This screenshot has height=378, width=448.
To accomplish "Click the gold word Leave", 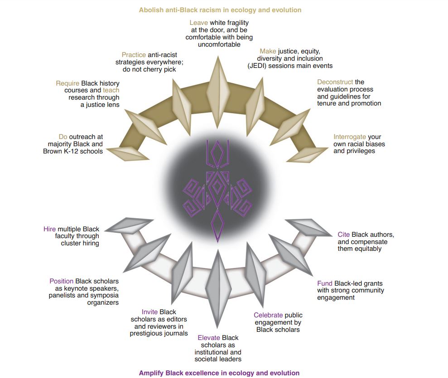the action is click(198, 23).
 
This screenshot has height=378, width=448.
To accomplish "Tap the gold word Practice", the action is click(134, 55).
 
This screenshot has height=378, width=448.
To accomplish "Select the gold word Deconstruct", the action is click(335, 82).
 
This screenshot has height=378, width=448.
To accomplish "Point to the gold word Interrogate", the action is click(349, 137).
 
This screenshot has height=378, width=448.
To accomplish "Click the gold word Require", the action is click(67, 83).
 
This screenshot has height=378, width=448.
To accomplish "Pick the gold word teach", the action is click(111, 90).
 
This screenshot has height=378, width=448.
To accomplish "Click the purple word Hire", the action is click(49, 229).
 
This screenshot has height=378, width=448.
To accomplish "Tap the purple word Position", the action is click(62, 281).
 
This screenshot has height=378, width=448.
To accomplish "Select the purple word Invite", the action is click(149, 312).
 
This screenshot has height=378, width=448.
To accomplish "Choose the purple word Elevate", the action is click(208, 338).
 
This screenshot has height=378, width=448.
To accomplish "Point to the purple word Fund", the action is click(325, 283).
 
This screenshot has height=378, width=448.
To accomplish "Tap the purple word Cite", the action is click(343, 234).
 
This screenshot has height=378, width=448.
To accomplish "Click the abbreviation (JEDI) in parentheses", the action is click(257, 66).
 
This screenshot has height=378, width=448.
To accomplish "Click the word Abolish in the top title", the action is click(149, 10).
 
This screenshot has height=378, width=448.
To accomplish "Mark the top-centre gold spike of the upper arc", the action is click(218, 92).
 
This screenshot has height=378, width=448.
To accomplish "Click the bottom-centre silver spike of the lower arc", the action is click(218, 288).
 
